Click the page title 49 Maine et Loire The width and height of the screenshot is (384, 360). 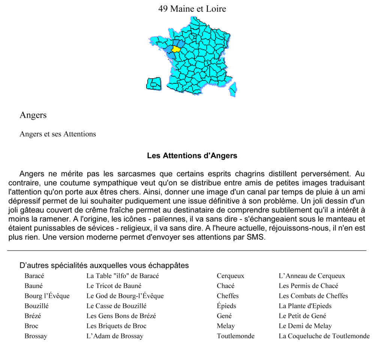pos(192,9)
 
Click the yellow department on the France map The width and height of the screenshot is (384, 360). pos(175,49)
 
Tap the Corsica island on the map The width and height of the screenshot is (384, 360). pos(233,89)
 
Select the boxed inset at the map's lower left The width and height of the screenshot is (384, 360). pos(153,84)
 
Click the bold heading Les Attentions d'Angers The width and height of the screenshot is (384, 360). pos(192,156)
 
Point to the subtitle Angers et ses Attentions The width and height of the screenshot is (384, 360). pos(58,134)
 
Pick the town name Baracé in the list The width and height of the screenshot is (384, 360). pos(34,276)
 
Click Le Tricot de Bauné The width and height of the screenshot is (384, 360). pos(114,286)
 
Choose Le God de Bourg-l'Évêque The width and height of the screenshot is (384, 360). pos(125,296)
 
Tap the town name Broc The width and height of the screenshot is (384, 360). pos(31,326)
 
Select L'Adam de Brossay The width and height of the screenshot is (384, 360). pos(115,336)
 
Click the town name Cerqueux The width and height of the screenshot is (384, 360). pos(230,276)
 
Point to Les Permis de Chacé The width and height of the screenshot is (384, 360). pos(308,286)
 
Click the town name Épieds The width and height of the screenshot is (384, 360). pos(226,306)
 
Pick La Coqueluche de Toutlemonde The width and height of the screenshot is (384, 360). pos(324,336)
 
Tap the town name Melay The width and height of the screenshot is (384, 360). pos(226,326)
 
